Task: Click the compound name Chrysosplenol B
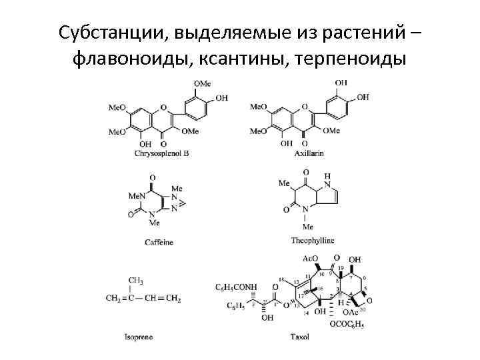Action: pyautogui.click(x=161, y=153)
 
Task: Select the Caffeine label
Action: pyautogui.click(x=159, y=242)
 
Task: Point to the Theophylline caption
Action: pyautogui.click(x=313, y=240)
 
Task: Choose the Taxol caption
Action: pyautogui.click(x=300, y=336)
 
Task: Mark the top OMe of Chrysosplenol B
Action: pyautogui.click(x=202, y=83)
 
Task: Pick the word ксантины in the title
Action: pyautogui.click(x=240, y=61)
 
